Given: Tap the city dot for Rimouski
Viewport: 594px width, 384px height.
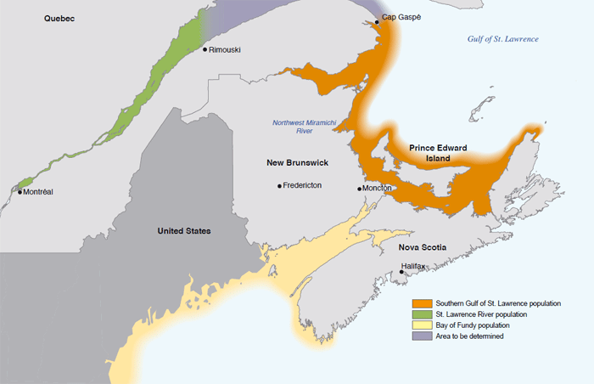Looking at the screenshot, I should click(206, 49).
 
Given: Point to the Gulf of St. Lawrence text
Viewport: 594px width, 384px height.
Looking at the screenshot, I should click(503, 40).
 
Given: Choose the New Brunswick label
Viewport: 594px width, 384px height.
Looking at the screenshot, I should click(297, 162).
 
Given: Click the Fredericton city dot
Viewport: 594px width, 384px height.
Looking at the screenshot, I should click(279, 186).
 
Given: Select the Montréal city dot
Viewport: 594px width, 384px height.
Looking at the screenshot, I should click(20, 192).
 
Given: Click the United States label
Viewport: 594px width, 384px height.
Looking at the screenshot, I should click(184, 231).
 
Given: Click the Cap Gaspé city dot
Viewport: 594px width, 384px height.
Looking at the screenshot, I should click(378, 18).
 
